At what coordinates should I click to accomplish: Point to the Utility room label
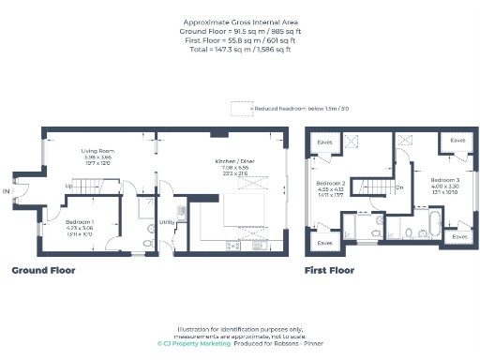[166, 222]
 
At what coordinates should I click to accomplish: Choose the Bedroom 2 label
[331, 183]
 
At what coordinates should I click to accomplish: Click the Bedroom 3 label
[444, 179]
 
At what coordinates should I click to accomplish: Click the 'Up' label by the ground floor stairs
[67, 186]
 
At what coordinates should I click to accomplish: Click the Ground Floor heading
[43, 270]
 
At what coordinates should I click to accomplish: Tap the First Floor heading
[329, 270]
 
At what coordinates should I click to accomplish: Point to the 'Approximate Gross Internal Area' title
[239, 22]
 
